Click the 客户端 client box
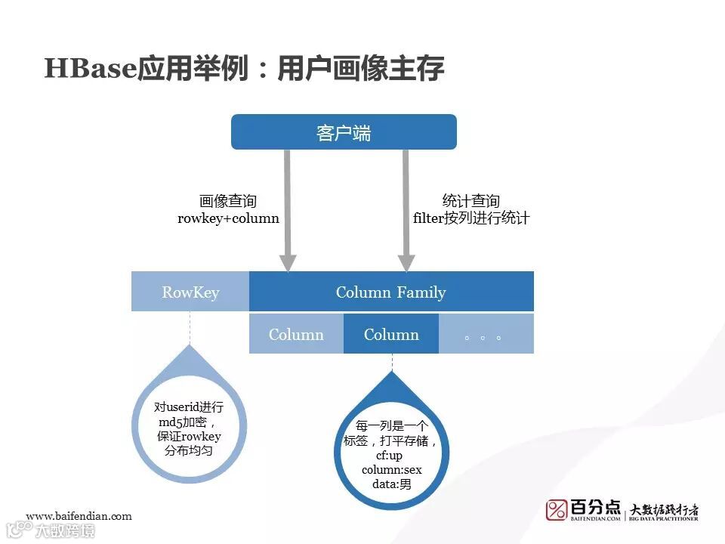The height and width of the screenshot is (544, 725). [344, 132]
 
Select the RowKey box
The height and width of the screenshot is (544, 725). [190, 292]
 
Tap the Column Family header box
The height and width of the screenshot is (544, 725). [391, 292]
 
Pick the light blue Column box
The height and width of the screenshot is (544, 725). [296, 334]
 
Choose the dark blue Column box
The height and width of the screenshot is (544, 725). [391, 334]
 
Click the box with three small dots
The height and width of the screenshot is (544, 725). [486, 334]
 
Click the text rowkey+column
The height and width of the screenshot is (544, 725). [228, 219]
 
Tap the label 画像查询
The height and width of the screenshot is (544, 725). [228, 202]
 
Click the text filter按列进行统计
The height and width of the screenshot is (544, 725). [472, 219]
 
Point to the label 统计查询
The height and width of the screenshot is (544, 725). [471, 202]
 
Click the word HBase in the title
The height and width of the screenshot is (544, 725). [90, 70]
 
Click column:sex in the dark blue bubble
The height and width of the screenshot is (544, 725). [392, 470]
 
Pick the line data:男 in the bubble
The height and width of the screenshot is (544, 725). [392, 484]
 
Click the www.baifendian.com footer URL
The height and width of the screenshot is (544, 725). [79, 516]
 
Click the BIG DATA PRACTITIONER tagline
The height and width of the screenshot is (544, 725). [665, 520]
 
